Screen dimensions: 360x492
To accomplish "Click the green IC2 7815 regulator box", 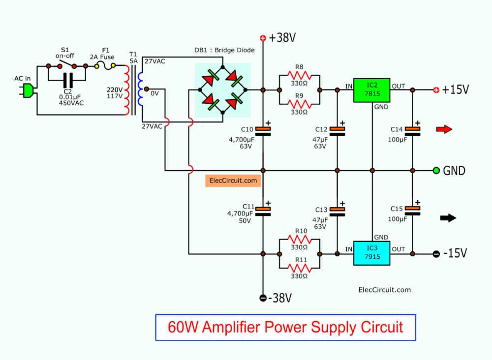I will pyautogui.click(x=371, y=90).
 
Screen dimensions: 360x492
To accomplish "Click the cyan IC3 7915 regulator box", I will pyautogui.click(x=371, y=253).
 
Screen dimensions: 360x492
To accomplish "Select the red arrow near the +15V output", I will pyautogui.click(x=443, y=129).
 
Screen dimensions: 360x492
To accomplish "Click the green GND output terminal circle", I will pyautogui.click(x=436, y=171).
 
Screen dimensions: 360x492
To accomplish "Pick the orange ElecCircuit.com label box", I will pyautogui.click(x=232, y=181).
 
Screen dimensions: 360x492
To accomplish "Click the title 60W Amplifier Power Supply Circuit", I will pyautogui.click(x=285, y=327).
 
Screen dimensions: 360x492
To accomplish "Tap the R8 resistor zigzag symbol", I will pyautogui.click(x=300, y=76).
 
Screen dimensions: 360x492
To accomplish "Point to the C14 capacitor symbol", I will pyautogui.click(x=413, y=131).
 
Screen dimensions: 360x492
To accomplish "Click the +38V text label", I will pyautogui.click(x=280, y=38).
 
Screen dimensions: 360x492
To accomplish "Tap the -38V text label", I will pyautogui.click(x=280, y=298).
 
